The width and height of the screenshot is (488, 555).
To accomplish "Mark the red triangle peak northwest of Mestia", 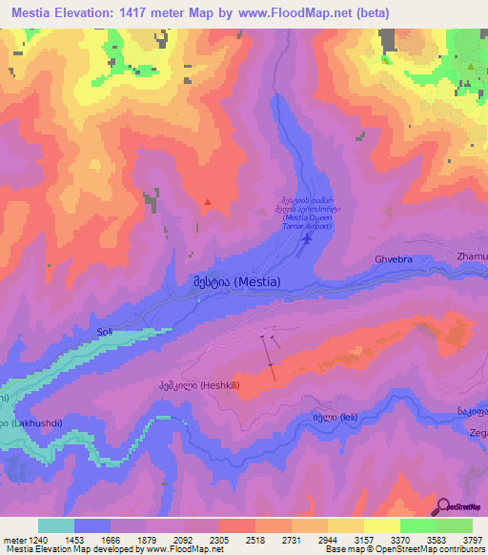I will click(207, 202).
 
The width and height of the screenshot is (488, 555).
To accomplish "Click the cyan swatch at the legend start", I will click(56, 525).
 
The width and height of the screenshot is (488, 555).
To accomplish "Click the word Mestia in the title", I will click(37, 13).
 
